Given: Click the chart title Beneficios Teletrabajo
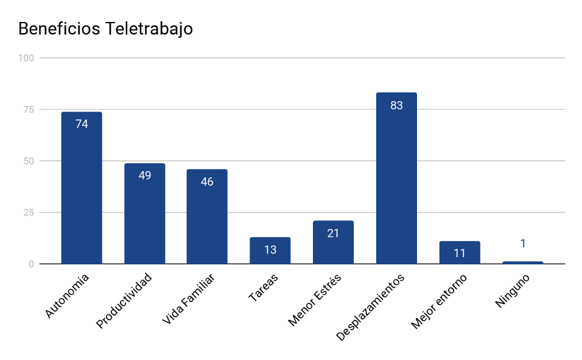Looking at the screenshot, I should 105,29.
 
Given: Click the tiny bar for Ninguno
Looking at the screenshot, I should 522,263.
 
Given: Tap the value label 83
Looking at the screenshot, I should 396,105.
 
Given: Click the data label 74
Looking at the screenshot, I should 82,124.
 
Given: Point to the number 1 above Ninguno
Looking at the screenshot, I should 522,244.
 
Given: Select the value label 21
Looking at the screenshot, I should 333,233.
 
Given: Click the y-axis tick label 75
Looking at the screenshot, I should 29,110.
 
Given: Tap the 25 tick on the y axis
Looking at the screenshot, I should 29,213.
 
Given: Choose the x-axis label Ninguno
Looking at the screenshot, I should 513,291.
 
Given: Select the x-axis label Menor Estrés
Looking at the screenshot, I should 315,300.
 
